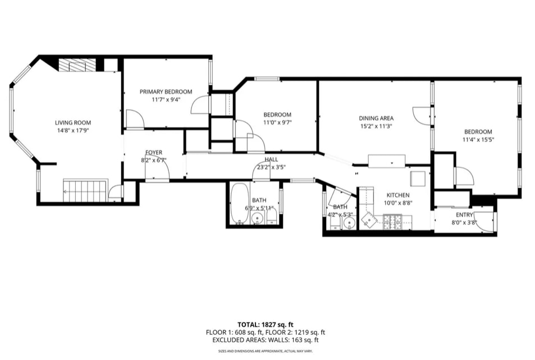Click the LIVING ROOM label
click(72, 122)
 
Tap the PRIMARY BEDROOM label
click(166, 92)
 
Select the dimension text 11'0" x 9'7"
click(277, 122)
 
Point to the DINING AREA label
click(376, 118)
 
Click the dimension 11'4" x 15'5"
click(478, 139)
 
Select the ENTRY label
click(464, 215)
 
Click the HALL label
click(272, 160)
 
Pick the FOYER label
click(154, 152)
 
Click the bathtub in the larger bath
click(239, 203)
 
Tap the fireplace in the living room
click(77, 65)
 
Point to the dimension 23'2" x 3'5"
click(272, 167)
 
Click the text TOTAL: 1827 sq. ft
click(268, 325)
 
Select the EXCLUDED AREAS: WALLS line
click(268, 340)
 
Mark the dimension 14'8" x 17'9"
click(72, 130)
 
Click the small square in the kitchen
click(418, 179)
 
